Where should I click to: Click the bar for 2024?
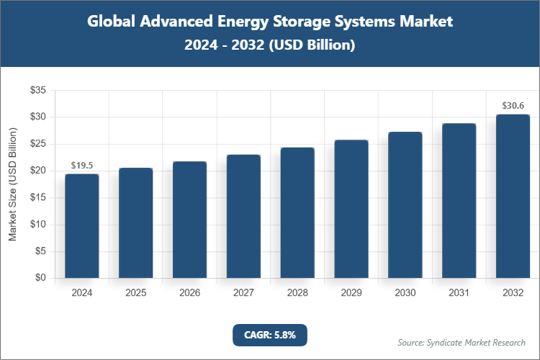pos(82,226)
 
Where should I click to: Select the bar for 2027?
pos(243,216)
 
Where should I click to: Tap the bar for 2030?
pos(405,205)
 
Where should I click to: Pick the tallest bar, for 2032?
pos(513,196)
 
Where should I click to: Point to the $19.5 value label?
pos(82,166)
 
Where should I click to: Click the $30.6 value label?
pos(513,106)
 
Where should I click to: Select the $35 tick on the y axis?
pos(37,90)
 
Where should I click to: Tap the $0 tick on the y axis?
pos(40,278)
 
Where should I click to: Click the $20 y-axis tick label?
pos(37,171)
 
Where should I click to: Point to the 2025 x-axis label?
pos(136,293)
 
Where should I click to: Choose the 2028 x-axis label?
pos(297,293)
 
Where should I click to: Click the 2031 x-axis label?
pos(459,293)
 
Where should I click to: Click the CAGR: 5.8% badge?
pos(270,335)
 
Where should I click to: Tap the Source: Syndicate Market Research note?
pos(462,342)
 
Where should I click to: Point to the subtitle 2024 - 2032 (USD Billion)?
pos(270,45)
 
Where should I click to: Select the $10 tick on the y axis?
pos(37,225)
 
